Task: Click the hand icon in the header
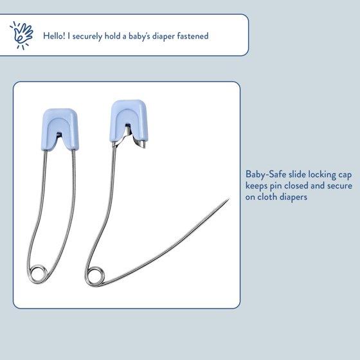22,35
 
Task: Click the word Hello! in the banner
54,36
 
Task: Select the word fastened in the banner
193,36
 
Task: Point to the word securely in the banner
87,36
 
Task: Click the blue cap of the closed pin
60,129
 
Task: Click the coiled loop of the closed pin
38,274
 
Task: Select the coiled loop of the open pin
95,276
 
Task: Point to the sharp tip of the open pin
229,199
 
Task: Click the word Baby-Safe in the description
265,174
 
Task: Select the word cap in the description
345,175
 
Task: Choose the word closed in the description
296,186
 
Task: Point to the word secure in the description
339,186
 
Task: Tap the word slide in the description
297,174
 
